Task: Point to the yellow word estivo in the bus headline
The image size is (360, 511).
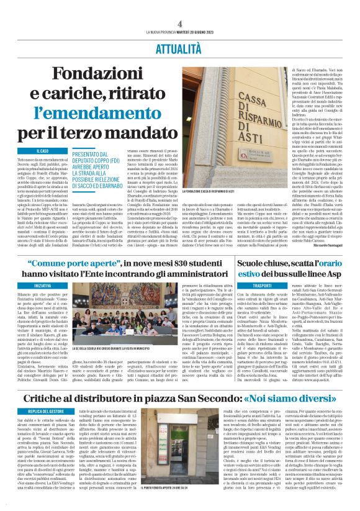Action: tap(275, 274)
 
